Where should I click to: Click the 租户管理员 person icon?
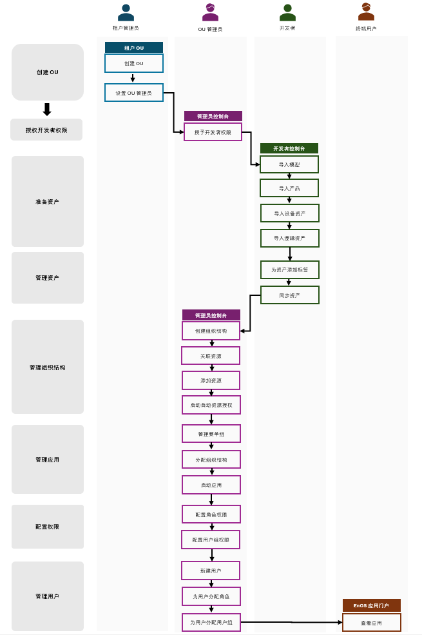(x=126, y=13)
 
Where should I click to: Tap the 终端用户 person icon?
(x=366, y=12)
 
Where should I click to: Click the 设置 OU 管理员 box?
(x=134, y=93)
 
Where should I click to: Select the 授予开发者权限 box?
(x=213, y=132)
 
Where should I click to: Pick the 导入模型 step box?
(x=289, y=164)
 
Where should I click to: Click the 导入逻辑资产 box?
(x=290, y=238)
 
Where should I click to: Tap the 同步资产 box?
(x=290, y=295)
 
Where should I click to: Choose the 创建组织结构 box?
(x=211, y=331)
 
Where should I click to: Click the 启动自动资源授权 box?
(x=211, y=405)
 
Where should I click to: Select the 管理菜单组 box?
(x=211, y=434)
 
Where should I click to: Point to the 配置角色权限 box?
(x=211, y=514)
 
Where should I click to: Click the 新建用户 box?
(x=211, y=571)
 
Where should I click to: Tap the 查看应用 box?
(x=371, y=623)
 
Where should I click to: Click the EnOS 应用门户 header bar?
(x=371, y=605)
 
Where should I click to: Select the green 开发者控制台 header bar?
(x=289, y=148)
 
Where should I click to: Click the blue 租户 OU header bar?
(x=134, y=48)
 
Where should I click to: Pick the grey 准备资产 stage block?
(x=48, y=201)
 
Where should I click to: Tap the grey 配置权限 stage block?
(x=48, y=527)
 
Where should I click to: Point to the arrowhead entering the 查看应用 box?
(x=340, y=622)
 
